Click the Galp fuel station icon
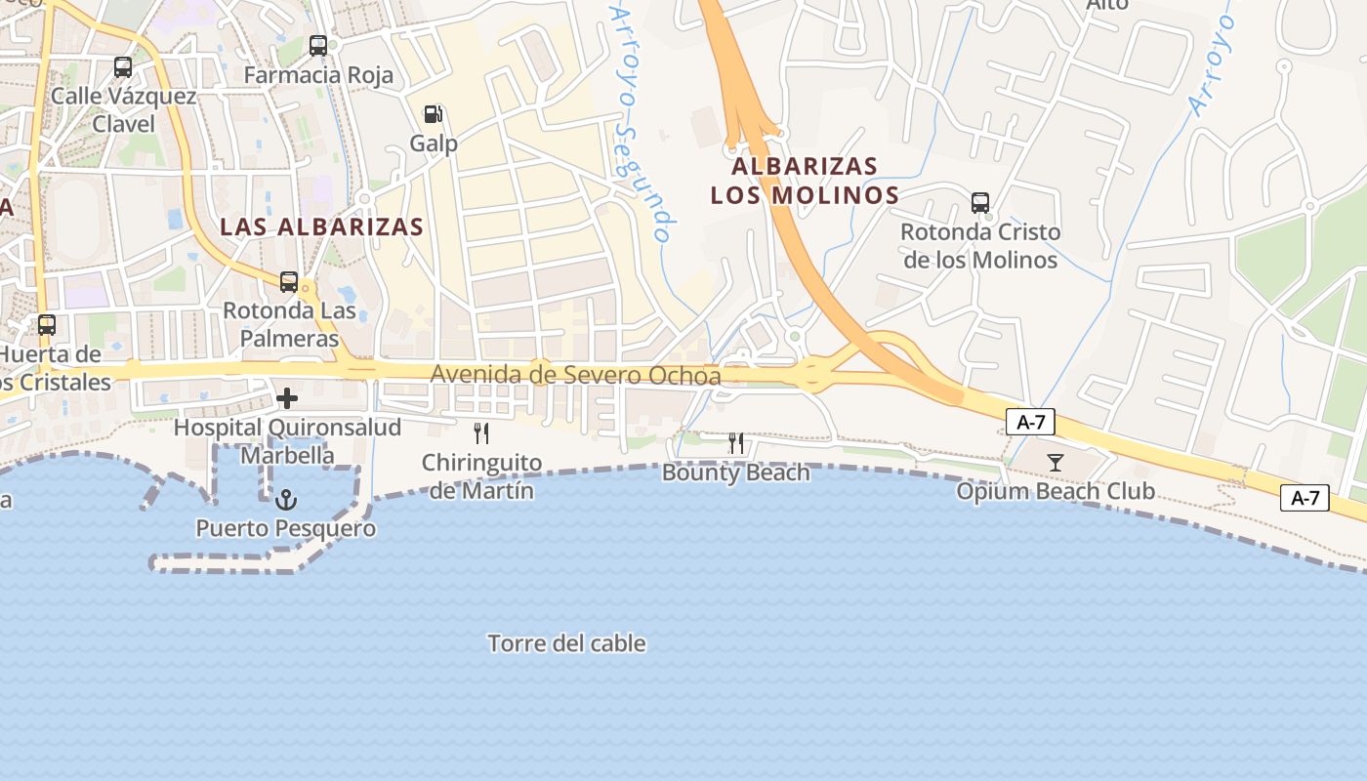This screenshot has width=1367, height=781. tap(433, 114)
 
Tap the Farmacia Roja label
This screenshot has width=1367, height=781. tap(318, 75)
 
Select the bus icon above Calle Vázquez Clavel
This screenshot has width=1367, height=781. tap(123, 67)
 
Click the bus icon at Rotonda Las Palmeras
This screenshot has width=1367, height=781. tap(289, 282)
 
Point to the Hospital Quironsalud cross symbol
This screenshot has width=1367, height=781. tap(287, 398)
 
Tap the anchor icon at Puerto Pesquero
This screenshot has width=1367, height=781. tap(286, 500)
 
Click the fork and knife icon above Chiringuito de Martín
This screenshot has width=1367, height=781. tap(480, 432)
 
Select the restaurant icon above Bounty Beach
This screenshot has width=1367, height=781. tap(736, 443)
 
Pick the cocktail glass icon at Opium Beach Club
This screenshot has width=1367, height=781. tap(1055, 463)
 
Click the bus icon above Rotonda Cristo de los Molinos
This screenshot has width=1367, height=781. tap(980, 203)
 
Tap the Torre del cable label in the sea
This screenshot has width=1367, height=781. tap(566, 643)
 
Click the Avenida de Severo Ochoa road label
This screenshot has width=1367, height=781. tap(575, 376)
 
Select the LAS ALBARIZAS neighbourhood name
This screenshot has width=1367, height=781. tap(321, 227)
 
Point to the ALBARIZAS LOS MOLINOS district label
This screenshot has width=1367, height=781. tap(805, 181)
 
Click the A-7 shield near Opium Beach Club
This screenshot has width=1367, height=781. tap(1030, 422)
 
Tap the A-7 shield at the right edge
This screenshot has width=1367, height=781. tap(1305, 498)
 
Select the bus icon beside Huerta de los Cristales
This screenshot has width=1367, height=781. tap(47, 325)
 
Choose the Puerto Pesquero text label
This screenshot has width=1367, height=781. tap(286, 529)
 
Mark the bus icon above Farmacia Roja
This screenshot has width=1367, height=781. tap(318, 45)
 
